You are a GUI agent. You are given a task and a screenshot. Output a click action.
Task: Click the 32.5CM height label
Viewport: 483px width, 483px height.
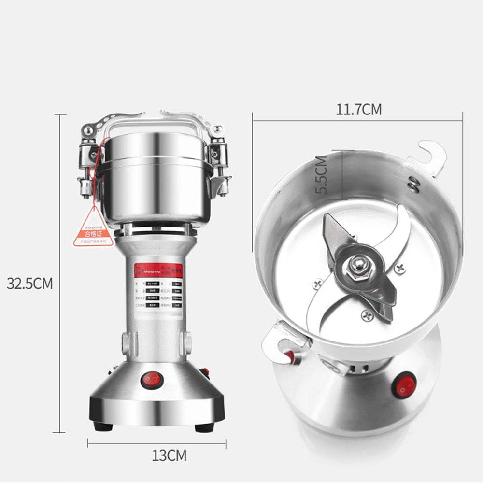[29, 283]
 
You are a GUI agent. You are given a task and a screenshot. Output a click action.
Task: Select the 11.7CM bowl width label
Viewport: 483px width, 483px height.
[358, 110]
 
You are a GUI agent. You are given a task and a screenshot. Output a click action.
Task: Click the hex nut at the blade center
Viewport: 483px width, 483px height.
[358, 265]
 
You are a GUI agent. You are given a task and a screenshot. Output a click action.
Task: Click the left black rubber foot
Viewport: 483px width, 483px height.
[102, 426]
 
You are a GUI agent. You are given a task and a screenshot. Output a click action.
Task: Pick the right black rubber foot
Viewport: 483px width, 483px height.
[204, 426]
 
